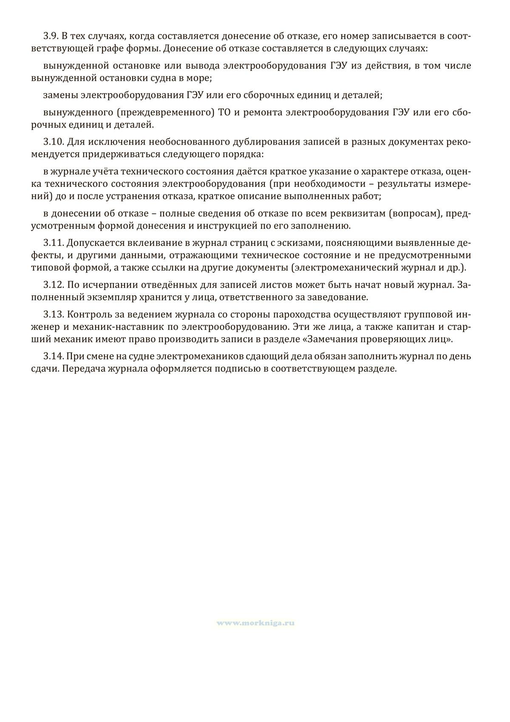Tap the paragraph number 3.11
coord(53,243)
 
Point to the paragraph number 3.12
coord(53,284)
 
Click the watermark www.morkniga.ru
coord(255,623)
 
